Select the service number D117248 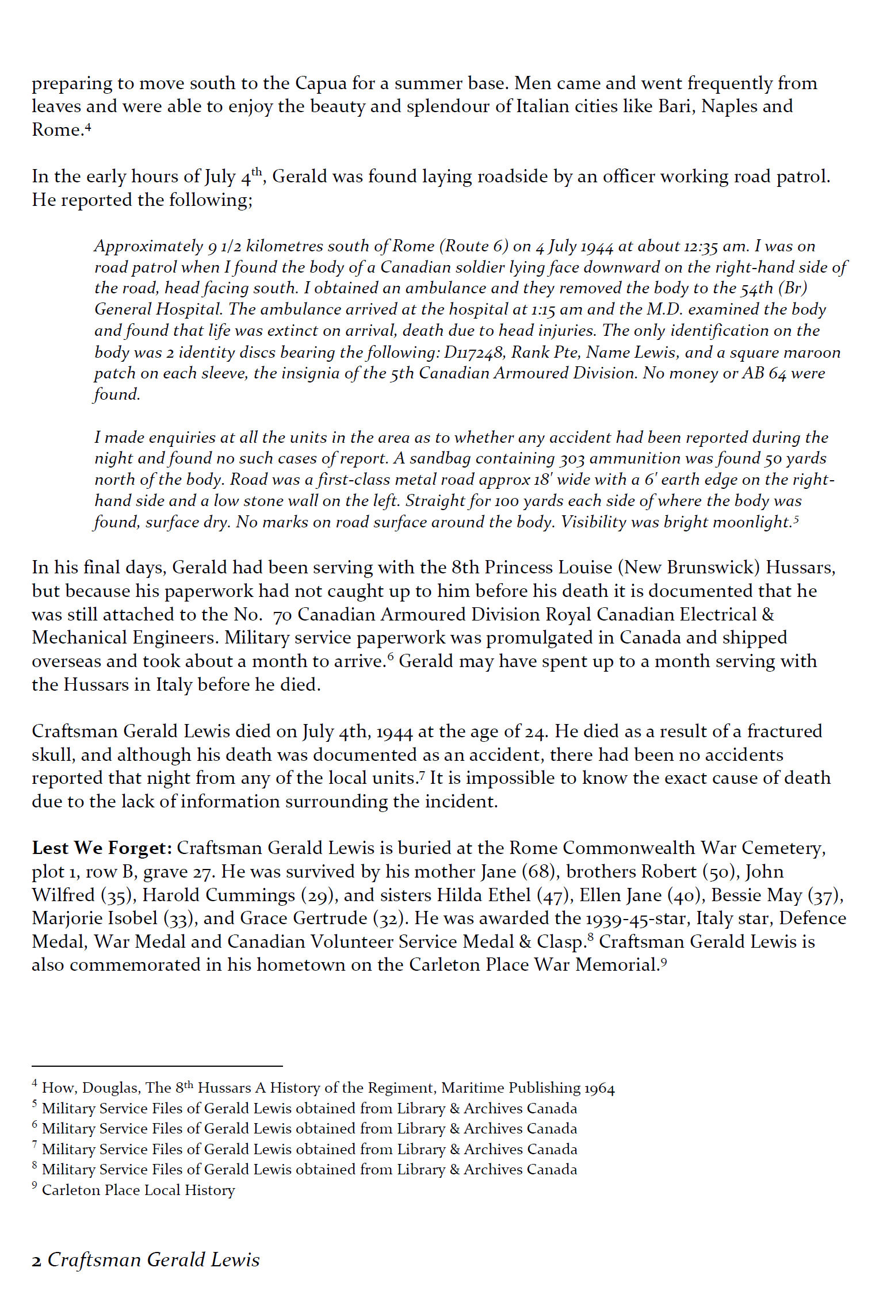[x=475, y=353]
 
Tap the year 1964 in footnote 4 [x=599, y=1088]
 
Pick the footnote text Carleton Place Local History [x=138, y=1190]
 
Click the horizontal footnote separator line [x=156, y=1066]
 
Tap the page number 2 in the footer [x=37, y=1261]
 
